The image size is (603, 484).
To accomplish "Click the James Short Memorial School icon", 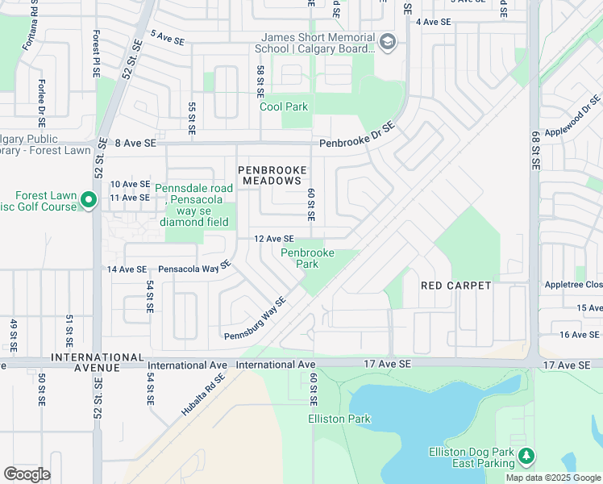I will [x=388, y=43].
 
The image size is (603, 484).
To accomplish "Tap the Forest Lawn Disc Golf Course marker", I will [x=88, y=200].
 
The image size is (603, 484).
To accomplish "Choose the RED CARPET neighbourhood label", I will [x=456, y=286].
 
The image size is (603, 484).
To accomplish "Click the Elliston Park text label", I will [x=339, y=419].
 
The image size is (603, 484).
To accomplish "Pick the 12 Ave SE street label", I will [x=272, y=239].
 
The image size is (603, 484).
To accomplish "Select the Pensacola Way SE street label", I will [x=194, y=267].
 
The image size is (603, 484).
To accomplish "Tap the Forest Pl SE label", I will [x=96, y=54].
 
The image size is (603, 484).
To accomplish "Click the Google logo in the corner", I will [x=27, y=474].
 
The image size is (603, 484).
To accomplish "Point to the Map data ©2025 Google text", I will [x=552, y=478].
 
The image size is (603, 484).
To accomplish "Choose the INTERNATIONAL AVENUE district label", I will [x=85, y=362].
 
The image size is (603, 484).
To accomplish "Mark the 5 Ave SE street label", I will [x=168, y=38].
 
